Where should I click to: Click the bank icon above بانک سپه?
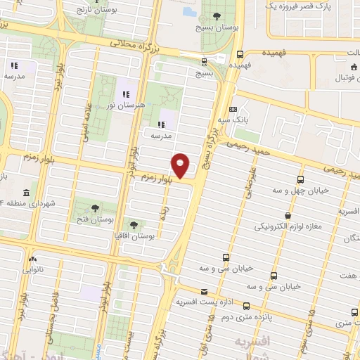(233, 110)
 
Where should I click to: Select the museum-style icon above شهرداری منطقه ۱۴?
(26, 193)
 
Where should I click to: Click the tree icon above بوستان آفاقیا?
(134, 226)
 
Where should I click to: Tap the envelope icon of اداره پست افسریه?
(204, 291)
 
